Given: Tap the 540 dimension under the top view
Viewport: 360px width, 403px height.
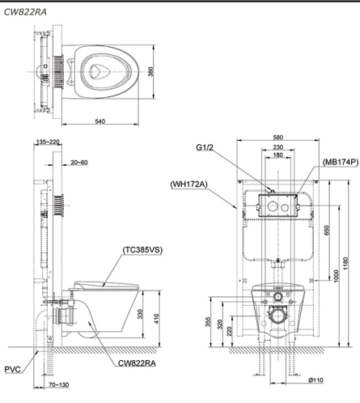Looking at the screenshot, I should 99,120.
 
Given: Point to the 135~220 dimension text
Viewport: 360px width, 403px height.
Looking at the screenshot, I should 49,142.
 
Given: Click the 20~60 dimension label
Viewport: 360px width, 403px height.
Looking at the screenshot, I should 79,163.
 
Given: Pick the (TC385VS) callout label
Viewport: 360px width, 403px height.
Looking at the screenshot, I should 142,250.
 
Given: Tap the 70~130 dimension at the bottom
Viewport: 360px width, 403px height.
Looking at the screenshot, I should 61,385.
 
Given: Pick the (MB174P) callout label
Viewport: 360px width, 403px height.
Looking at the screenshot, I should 340,162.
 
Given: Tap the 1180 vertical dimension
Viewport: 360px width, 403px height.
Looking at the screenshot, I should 345,265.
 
